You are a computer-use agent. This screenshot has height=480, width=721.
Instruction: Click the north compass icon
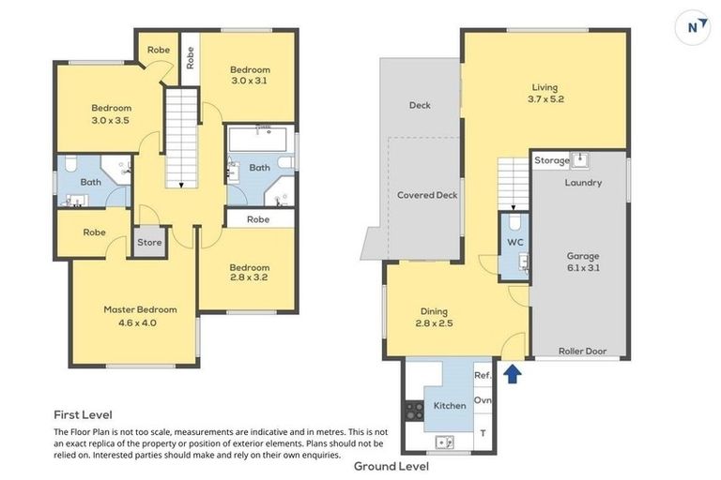[x=693, y=27]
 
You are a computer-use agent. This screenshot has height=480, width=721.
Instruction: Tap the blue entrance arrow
[x=512, y=374]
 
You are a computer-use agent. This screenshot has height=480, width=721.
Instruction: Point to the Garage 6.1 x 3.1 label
[x=582, y=262]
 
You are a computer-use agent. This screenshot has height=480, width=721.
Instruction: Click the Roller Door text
[x=582, y=352]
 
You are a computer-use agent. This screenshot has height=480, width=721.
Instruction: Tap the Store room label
[x=149, y=242]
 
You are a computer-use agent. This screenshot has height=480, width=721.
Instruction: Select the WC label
[x=514, y=243]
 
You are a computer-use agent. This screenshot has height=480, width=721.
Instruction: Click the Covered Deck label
[x=427, y=195]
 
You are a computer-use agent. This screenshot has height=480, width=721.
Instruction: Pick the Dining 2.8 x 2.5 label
[x=434, y=317]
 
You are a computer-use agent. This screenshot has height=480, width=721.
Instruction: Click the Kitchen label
[x=449, y=406]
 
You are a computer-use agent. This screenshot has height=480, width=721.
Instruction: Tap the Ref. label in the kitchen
[x=483, y=375]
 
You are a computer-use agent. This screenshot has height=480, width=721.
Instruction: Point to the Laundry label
[x=583, y=183]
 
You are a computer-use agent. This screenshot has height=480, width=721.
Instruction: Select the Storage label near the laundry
[x=552, y=160]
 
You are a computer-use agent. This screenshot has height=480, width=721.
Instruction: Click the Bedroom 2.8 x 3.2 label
[x=250, y=273]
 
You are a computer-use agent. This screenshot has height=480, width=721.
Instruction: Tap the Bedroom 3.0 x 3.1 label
[x=251, y=75]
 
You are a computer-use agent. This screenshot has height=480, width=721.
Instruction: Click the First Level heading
[x=83, y=413]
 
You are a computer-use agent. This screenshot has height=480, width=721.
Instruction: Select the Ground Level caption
[x=391, y=466]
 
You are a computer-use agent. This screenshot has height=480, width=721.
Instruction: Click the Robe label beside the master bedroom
[x=94, y=232]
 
